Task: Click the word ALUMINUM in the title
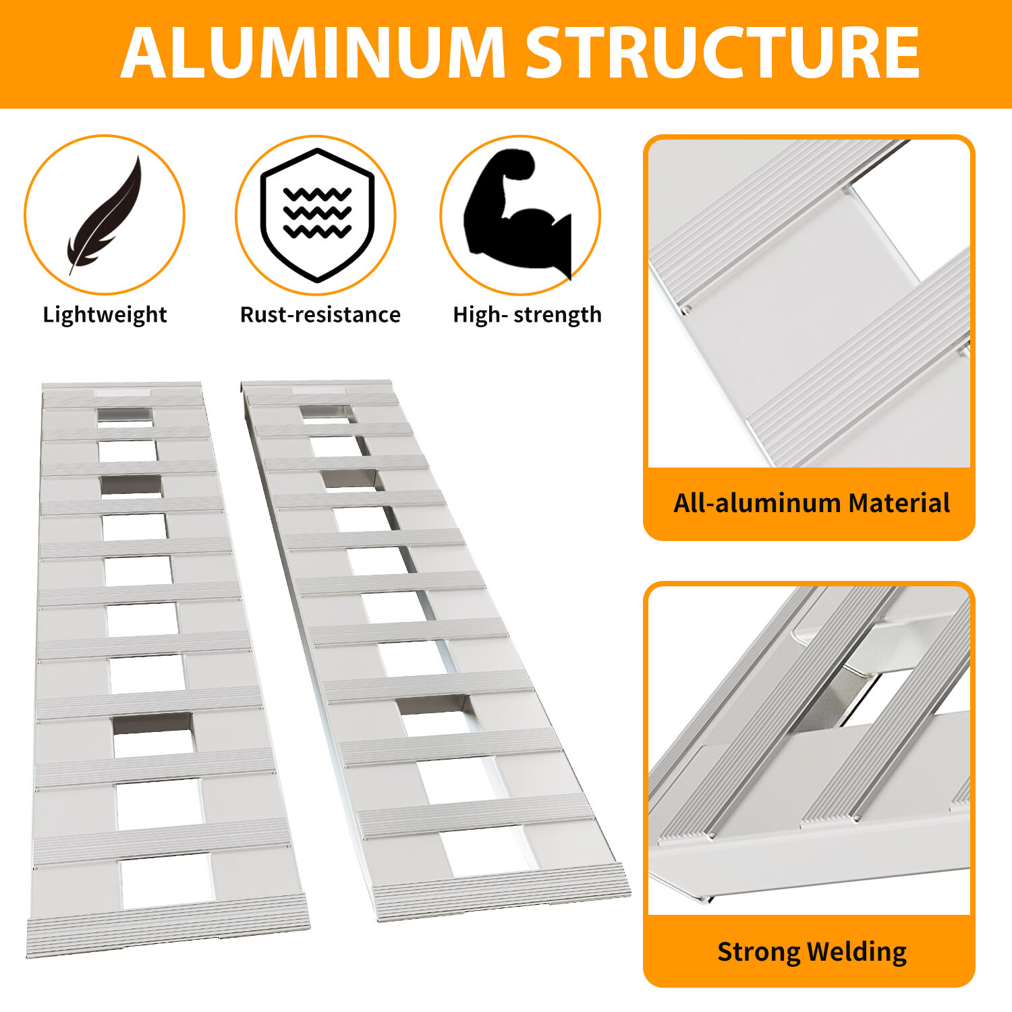click(313, 54)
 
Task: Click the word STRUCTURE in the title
click(722, 54)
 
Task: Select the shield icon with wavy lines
click(316, 215)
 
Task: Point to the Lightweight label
click(105, 315)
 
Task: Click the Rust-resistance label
click(320, 315)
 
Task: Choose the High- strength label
click(527, 315)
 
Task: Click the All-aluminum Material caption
click(811, 503)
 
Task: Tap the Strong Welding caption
click(811, 952)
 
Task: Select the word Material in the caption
click(899, 503)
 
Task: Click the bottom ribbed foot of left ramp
click(167, 930)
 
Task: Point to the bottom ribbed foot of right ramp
click(501, 893)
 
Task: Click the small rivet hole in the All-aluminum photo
click(687, 310)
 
